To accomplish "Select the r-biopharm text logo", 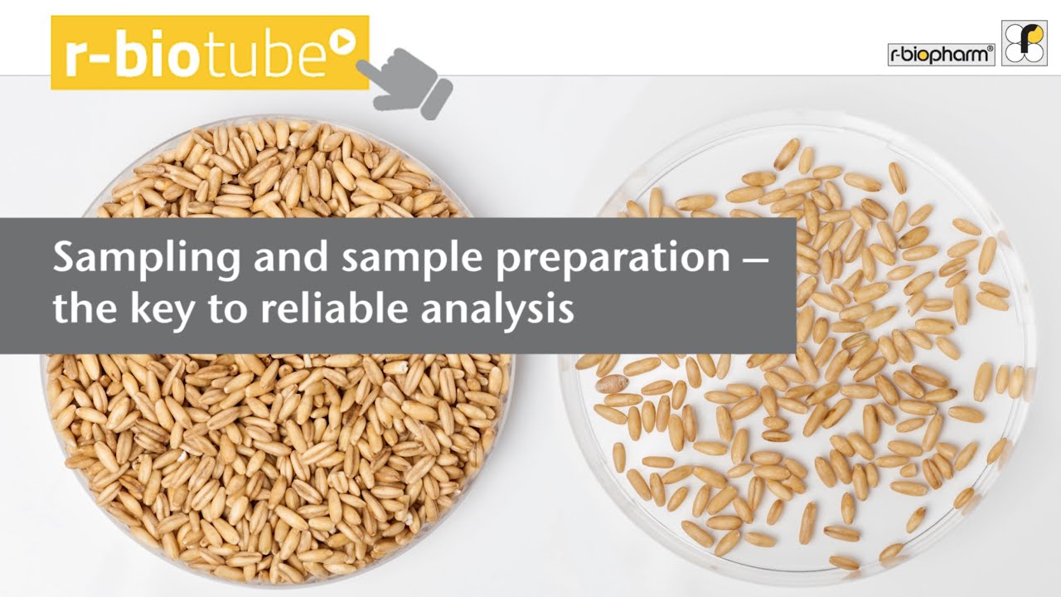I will point(940,55).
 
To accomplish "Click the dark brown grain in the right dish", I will point(612,384).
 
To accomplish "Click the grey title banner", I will point(398,285).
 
